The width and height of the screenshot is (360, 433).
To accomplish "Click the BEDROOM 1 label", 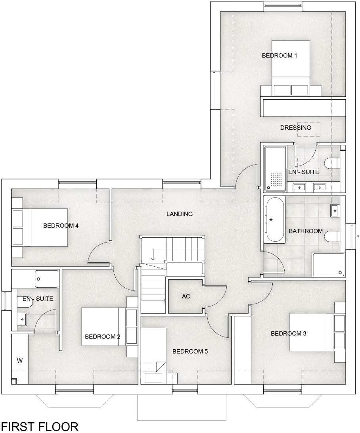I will point(280,56).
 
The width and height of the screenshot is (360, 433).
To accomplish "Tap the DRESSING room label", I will point(295,128).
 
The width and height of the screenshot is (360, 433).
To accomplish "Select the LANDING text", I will point(179,214).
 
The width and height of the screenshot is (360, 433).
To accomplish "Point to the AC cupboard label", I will point(186,296).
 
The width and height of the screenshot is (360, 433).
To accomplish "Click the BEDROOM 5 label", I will point(190,351).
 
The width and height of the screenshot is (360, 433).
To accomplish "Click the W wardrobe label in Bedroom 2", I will point(19,361).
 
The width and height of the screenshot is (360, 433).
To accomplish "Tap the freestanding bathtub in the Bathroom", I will point(275,219).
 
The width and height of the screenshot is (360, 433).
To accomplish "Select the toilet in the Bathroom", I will point(332,237).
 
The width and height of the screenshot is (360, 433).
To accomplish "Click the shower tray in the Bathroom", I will point(328,264).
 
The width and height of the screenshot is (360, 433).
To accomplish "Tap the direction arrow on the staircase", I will point(153,258).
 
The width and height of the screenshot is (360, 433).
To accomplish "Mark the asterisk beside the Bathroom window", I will point(358,237).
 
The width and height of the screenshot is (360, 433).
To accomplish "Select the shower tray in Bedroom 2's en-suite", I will point(46,279).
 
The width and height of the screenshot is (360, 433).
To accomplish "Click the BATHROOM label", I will point(305,231).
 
